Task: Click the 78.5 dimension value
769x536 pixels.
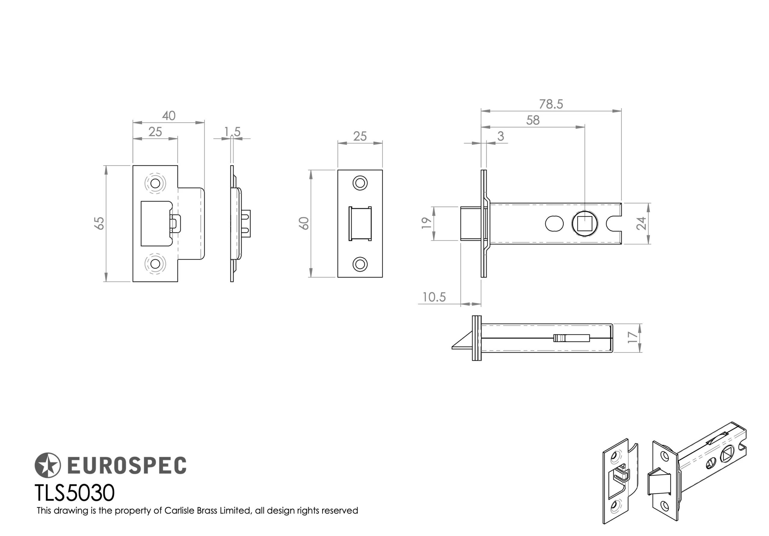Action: click(551, 104)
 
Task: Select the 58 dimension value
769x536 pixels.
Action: click(533, 120)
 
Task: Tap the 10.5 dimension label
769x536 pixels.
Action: click(434, 297)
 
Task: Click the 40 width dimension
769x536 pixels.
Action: click(169, 116)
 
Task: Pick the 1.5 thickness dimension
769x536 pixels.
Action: click(232, 132)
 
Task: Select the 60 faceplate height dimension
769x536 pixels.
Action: click(304, 223)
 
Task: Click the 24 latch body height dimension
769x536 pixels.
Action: click(641, 224)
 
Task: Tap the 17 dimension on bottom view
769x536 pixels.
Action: click(632, 337)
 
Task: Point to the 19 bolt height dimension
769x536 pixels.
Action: click(426, 223)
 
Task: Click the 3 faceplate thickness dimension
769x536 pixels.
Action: click(500, 137)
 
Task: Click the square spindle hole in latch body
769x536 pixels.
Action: click(585, 224)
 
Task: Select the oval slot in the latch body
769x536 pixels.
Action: click(554, 224)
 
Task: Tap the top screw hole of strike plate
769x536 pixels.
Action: click(155, 183)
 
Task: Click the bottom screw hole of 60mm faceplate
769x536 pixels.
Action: click(360, 264)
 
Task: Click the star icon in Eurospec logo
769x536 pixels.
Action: click(47, 465)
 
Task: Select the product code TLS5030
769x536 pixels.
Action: click(74, 493)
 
